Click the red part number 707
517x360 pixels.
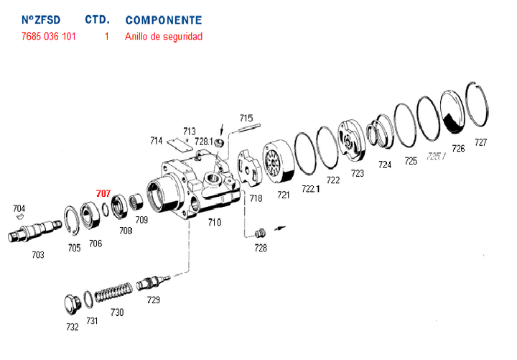[x=103, y=193]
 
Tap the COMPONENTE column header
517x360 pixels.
[x=163, y=20]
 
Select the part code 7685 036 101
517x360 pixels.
[x=49, y=36]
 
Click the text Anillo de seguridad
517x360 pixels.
[x=164, y=36]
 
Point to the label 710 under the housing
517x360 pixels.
[x=214, y=223]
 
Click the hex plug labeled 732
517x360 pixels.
[x=70, y=304]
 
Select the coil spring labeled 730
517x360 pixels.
[x=114, y=294]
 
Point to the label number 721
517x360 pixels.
[x=284, y=195]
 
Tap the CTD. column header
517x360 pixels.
[x=96, y=20]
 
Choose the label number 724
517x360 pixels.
[x=385, y=165]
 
